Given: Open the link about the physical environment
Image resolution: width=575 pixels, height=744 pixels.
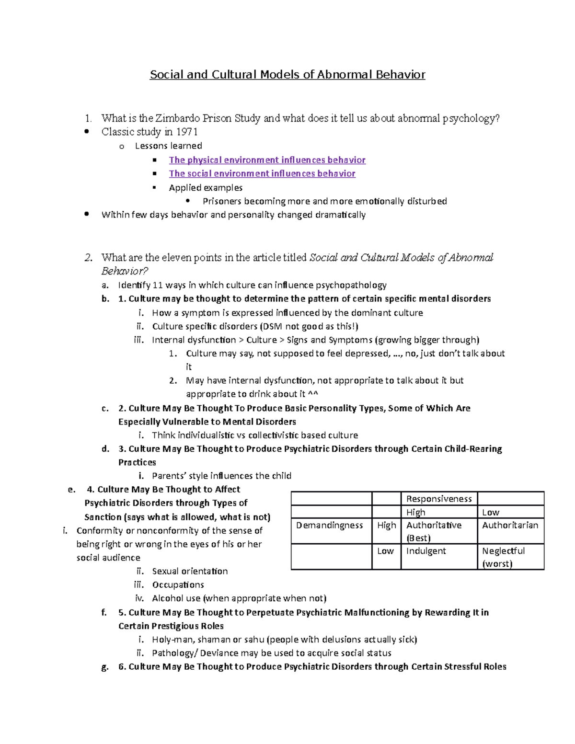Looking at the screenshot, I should click(267, 160).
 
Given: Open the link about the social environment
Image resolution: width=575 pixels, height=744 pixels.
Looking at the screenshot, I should click(262, 173).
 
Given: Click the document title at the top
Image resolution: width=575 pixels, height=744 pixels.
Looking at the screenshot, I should click(287, 75).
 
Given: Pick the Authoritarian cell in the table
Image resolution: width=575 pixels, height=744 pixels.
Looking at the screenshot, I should click(510, 526).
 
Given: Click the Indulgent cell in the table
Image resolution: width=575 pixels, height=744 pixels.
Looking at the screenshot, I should click(426, 551).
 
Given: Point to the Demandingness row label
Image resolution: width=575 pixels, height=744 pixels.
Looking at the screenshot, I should click(330, 526).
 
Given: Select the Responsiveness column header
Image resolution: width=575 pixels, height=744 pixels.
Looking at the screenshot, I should click(439, 499).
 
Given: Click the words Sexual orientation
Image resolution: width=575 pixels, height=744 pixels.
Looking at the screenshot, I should click(190, 571).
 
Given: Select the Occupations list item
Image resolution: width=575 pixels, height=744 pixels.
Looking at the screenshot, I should click(178, 584).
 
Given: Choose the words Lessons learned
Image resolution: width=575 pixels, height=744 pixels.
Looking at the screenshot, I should click(168, 146).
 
